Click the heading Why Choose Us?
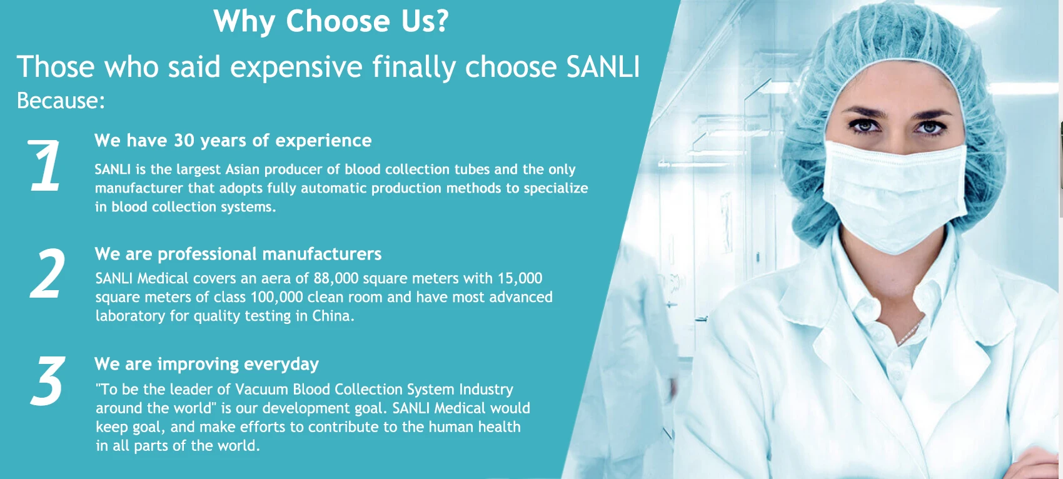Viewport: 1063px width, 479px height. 331,21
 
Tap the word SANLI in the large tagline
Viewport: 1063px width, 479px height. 603,67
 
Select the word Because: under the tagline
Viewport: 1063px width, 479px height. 61,101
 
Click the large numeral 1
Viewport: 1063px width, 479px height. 44,166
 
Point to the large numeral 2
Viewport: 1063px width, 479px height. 48,274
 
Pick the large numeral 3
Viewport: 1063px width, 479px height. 48,381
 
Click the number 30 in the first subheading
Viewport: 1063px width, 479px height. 184,141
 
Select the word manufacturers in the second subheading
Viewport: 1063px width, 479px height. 322,254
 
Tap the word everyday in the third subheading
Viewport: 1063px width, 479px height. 281,365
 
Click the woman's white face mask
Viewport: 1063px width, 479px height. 895,194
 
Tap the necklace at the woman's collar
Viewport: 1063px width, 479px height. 909,332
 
